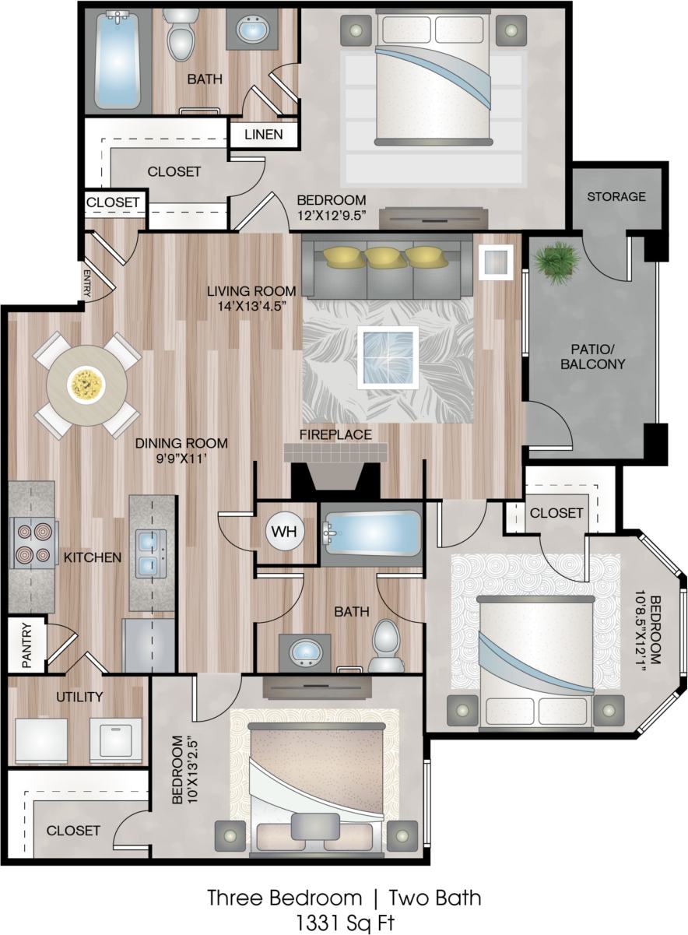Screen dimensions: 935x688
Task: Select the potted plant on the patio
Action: click(x=558, y=262)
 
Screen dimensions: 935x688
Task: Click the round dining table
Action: click(x=87, y=384)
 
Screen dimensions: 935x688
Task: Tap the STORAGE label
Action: click(x=616, y=196)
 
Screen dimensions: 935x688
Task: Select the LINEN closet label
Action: click(x=264, y=134)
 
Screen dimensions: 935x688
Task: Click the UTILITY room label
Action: click(x=79, y=696)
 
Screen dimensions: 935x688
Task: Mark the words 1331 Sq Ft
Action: click(x=343, y=923)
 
